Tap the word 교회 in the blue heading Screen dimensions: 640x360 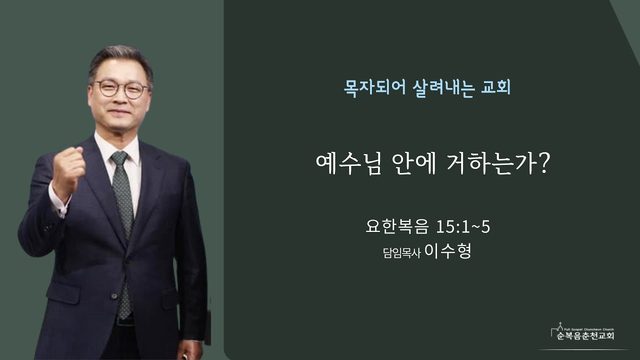pos(496,87)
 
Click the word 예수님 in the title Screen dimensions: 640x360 pos(348,163)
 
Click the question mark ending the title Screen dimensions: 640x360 pos(543,163)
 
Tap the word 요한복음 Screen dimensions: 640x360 pos(397,227)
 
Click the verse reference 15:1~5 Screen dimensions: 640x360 pos(463,227)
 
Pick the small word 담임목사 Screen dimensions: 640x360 pos(401,253)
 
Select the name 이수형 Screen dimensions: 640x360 pos(448,251)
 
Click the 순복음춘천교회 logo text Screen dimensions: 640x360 pos(585,336)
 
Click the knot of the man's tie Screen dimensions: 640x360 pos(120,159)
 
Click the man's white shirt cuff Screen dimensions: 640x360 pos(57,203)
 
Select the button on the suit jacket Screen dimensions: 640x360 pos(114,296)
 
